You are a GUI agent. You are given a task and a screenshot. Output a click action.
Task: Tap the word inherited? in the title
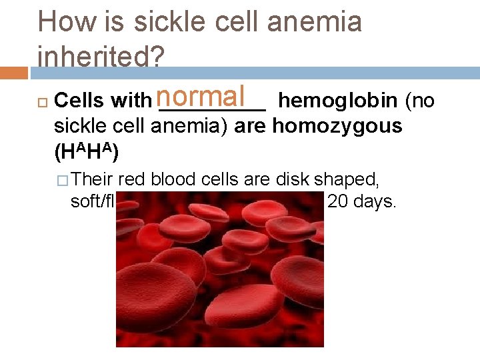(x=101, y=57)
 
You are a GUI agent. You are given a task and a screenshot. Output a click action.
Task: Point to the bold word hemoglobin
(x=339, y=101)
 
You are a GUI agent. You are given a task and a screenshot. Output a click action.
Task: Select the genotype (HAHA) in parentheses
(x=86, y=151)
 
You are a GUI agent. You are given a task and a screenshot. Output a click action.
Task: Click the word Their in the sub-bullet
(x=93, y=179)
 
